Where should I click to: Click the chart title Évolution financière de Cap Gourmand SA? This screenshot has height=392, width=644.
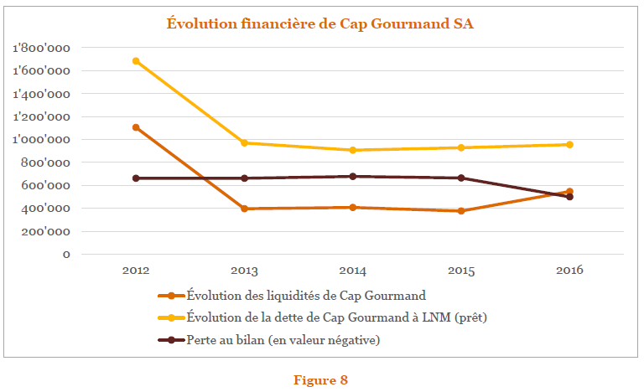click(x=319, y=23)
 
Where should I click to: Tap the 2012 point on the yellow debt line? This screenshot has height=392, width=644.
click(x=136, y=61)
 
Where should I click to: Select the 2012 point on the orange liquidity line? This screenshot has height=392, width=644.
click(x=136, y=127)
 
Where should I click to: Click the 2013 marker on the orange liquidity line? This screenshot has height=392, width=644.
click(x=244, y=209)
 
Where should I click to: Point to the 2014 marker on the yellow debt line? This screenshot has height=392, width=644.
click(x=352, y=150)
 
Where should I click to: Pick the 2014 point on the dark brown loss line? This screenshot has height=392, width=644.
click(x=352, y=177)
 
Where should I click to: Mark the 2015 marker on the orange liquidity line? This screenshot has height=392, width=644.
click(x=460, y=211)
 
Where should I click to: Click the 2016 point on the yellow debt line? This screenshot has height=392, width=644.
click(x=569, y=145)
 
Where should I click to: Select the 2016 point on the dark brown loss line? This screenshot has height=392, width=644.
click(x=569, y=197)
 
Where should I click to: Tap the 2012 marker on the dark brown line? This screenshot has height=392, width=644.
click(x=136, y=178)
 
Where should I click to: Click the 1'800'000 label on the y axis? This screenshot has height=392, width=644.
click(x=42, y=49)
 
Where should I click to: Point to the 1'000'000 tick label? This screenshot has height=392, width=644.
click(x=42, y=140)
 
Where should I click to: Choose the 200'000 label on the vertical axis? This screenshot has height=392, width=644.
click(x=46, y=231)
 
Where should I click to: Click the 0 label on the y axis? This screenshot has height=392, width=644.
click(x=65, y=254)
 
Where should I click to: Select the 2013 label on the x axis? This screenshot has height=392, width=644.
click(x=244, y=271)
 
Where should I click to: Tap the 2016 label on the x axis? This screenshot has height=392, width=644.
click(x=569, y=271)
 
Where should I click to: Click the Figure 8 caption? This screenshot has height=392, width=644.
click(x=320, y=380)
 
